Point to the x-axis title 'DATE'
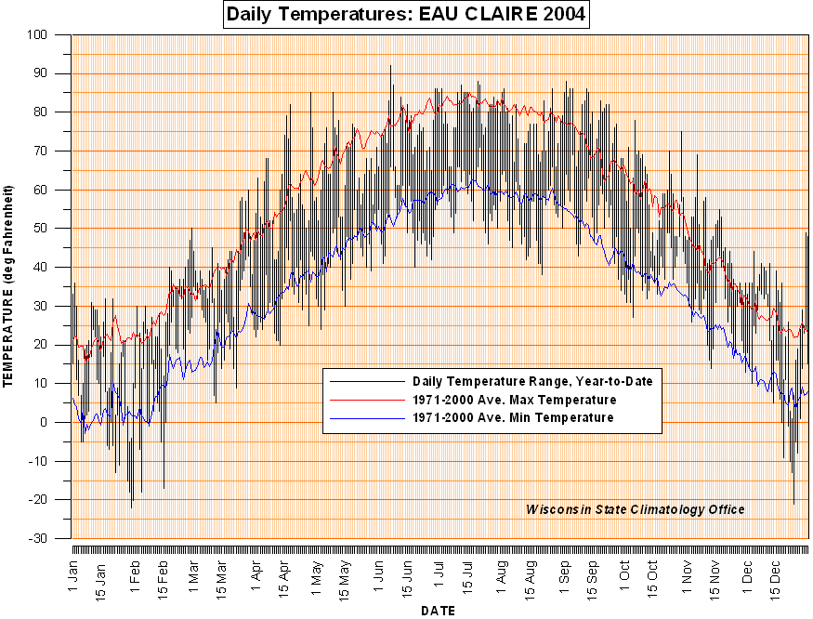click(x=438, y=611)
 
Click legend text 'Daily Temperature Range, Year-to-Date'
click(x=532, y=381)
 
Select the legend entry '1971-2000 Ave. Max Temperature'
click(x=515, y=400)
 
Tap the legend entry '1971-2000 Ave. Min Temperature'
click(x=513, y=418)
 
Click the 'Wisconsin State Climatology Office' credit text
click(x=635, y=509)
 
